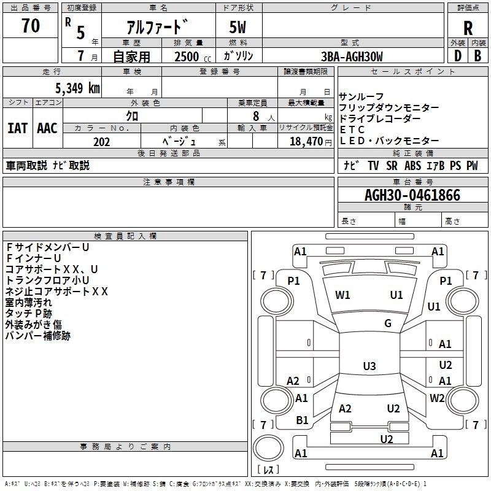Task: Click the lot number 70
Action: tap(31, 26)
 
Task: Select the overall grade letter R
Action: tap(468, 28)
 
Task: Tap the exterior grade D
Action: tap(457, 56)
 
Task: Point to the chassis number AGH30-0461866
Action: tap(412, 196)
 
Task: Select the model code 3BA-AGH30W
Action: tap(352, 56)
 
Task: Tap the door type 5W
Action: tap(238, 27)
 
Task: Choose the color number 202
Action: tap(101, 142)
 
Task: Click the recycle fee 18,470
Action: tap(306, 142)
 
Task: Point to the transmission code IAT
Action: tap(18, 128)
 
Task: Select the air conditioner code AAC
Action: tap(47, 128)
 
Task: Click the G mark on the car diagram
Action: tap(388, 323)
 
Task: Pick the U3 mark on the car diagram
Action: tap(369, 366)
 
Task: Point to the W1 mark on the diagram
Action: tap(342, 295)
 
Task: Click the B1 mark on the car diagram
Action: tap(302, 420)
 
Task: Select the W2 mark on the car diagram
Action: tap(437, 398)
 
